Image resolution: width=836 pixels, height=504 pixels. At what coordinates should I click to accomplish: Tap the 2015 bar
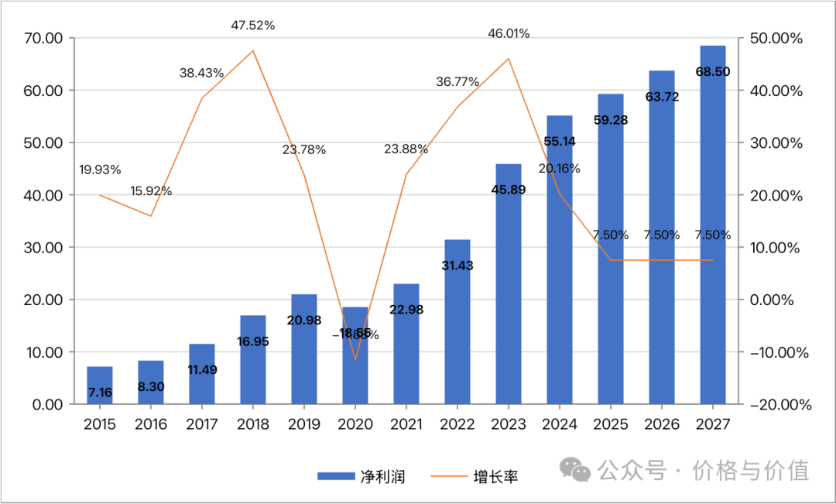(100, 385)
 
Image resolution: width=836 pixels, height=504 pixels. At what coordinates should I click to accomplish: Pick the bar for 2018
(253, 359)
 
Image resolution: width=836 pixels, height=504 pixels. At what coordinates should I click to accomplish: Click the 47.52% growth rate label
(253, 26)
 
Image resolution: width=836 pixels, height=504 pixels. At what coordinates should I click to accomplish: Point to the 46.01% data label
(509, 34)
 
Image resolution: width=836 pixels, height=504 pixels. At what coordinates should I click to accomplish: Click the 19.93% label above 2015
(100, 170)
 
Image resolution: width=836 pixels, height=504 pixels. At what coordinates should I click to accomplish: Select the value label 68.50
(713, 72)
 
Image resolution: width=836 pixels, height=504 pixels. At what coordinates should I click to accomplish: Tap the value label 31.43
(457, 266)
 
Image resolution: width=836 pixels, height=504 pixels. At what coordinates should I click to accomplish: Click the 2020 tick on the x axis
(355, 424)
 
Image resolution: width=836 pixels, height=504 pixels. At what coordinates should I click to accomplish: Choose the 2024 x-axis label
(560, 424)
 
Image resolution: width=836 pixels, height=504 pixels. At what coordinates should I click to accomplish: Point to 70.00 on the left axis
(43, 38)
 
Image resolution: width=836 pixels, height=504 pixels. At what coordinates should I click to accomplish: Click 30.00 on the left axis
(43, 248)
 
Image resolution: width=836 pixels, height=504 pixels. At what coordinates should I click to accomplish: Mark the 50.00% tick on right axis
(776, 38)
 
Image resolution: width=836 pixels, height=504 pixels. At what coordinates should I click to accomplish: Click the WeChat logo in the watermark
(577, 469)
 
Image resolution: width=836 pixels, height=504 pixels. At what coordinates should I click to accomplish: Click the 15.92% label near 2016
(151, 191)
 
